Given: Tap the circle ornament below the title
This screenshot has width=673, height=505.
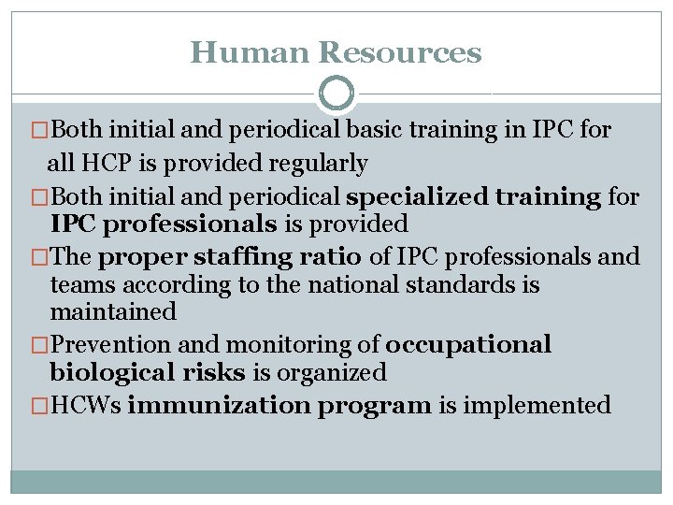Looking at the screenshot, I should click(336, 94).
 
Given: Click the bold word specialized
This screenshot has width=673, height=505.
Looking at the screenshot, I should click(415, 196).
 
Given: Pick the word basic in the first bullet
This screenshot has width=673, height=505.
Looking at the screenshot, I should click(385, 130).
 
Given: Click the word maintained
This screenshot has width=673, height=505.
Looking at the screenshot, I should click(113, 311).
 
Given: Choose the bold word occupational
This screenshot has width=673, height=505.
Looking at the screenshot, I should click(468, 345).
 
